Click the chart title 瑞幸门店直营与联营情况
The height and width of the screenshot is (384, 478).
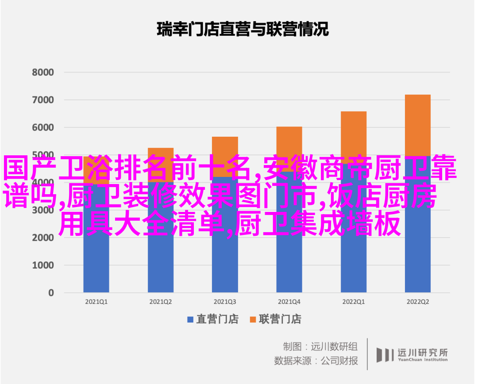pos(243,30)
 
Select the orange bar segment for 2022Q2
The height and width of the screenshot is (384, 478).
pos(418,124)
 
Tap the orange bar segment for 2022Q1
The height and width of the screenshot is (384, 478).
pos(354,133)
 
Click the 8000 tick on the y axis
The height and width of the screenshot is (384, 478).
pos(43,72)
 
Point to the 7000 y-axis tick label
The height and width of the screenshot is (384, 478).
pos(43,100)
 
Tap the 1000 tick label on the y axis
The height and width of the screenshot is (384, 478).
pos(43,265)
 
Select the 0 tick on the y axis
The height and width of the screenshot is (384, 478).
pos(51,292)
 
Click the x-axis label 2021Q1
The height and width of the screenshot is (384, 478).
pos(96,301)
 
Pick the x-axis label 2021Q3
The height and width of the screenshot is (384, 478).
pos(225,301)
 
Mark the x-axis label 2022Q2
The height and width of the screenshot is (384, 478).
pos(418,301)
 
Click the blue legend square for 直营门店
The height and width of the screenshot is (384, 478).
pos(190,319)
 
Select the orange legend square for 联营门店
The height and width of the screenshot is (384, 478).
pos(253,319)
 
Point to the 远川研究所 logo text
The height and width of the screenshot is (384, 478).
pos(422,353)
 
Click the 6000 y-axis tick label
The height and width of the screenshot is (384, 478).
pos(43,127)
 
